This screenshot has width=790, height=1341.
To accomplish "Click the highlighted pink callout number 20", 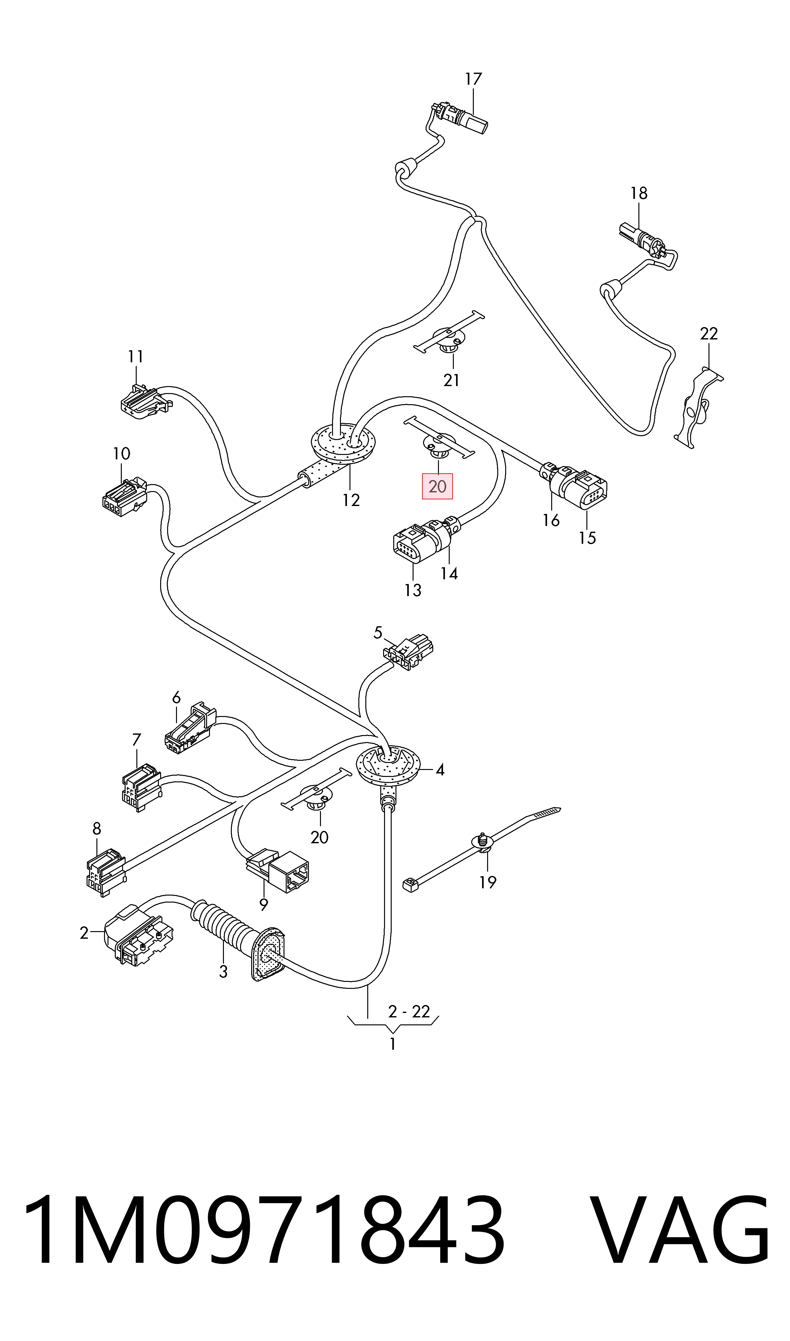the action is [x=437, y=486].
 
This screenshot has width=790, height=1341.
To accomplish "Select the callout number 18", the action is [x=639, y=193].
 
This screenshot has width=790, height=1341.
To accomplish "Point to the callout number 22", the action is [x=708, y=334].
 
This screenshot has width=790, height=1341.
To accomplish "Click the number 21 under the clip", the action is [x=451, y=380].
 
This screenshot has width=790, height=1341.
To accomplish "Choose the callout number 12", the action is [x=351, y=500].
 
